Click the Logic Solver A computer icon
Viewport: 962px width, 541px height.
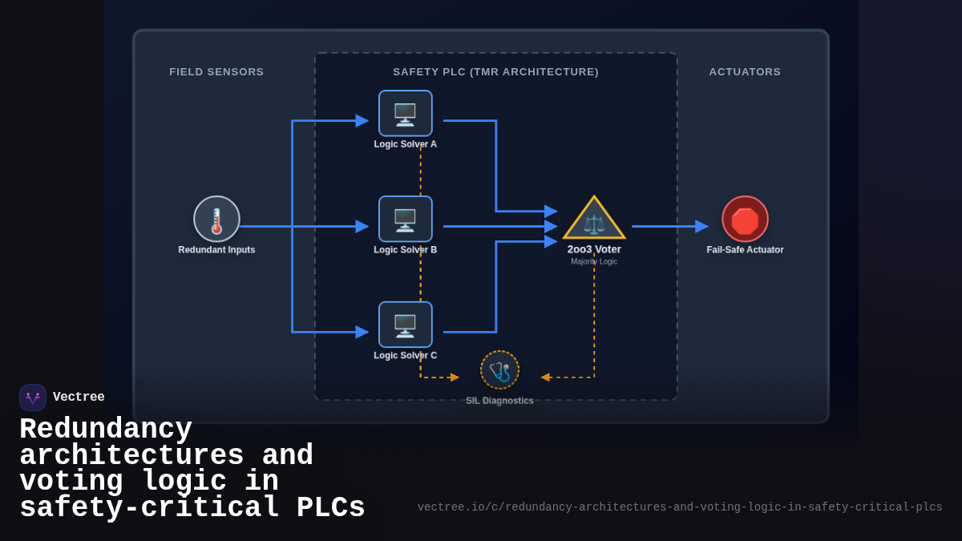pos(405,114)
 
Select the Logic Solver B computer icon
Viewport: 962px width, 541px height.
pos(405,219)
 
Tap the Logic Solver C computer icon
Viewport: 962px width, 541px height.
pos(405,325)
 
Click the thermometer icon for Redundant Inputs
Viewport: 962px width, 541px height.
pos(216,219)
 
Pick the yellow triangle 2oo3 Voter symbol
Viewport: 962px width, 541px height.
pos(594,220)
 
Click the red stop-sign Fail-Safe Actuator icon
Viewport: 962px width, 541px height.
pos(745,219)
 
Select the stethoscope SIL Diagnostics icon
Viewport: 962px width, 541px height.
pos(499,370)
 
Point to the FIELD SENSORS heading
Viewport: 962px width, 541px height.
pos(216,72)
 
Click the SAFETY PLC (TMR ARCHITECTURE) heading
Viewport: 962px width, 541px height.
pos(495,72)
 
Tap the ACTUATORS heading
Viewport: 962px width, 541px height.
pos(745,72)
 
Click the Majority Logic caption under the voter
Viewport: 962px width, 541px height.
pos(594,261)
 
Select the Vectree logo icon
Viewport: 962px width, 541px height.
pos(33,398)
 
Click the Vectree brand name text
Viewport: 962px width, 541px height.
pos(79,397)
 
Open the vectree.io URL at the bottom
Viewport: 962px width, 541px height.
pos(680,507)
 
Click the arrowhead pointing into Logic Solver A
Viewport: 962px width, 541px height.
pos(362,121)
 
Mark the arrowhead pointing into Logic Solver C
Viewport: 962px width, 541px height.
pos(362,332)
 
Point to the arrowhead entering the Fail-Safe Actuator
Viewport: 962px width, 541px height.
pos(701,227)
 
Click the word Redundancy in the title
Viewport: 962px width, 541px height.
pos(106,430)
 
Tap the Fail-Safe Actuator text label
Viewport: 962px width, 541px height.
pos(745,250)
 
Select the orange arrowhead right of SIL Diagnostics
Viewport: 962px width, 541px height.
pos(545,377)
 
